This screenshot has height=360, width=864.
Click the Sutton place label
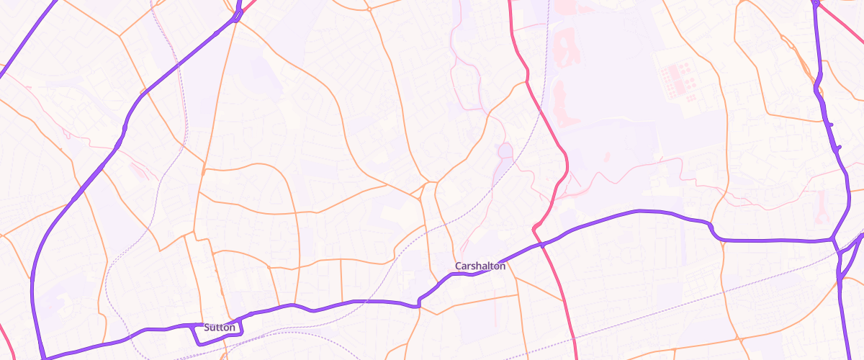220,328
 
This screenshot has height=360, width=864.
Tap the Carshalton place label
480,266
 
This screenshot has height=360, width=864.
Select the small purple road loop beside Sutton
216,333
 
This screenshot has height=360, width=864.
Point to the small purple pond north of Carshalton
505,151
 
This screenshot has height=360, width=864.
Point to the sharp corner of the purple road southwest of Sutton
44,356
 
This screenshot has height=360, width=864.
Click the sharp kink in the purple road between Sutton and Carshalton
418,305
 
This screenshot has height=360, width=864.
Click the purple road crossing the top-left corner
29,36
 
